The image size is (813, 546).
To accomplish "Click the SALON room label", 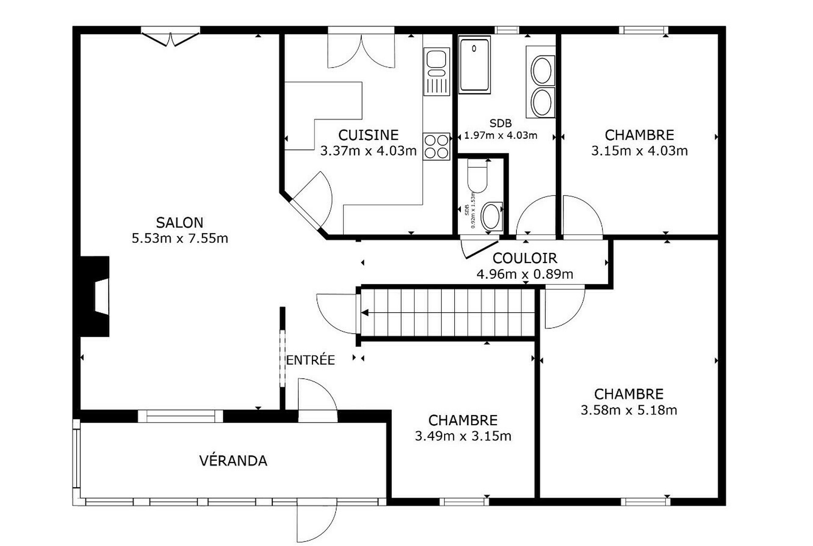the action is click(180, 222).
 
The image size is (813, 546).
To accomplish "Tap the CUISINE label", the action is click(368, 135).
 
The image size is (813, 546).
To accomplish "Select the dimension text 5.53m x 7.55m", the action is click(180, 238).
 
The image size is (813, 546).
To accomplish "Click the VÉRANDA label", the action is click(233, 460).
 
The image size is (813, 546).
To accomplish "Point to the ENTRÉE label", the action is click(311, 360).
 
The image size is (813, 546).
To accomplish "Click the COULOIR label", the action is click(524, 258).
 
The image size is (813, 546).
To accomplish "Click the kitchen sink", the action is click(436, 72).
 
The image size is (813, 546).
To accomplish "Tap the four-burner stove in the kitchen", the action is click(436, 147).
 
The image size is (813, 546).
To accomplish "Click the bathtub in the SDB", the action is click(474, 64).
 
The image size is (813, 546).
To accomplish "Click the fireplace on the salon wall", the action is click(95, 296).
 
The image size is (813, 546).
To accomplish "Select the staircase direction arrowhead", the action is click(364, 313).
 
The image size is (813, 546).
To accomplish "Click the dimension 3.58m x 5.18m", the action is click(629, 410).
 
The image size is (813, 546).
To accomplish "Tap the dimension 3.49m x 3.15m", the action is click(463, 436).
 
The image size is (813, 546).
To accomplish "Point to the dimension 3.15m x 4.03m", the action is click(639, 151).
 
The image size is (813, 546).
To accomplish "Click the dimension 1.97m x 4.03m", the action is click(500, 136).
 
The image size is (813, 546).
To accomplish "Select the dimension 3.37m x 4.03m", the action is click(368, 151).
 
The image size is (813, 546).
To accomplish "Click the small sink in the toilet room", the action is click(491, 216).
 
